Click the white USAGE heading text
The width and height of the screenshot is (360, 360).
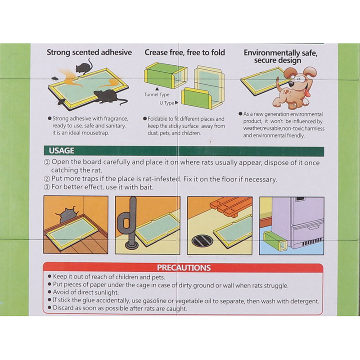(x=61, y=151)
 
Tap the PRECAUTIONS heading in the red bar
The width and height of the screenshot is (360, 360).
(x=184, y=268)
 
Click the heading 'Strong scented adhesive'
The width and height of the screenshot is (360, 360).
(x=89, y=52)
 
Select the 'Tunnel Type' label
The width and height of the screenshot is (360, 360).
(x=157, y=94)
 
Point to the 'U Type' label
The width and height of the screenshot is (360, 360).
(x=167, y=103)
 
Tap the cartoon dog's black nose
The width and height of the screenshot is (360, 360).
(x=292, y=84)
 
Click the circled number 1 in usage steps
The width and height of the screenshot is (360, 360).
(x=47, y=162)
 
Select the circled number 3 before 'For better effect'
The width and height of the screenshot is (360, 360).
(x=47, y=187)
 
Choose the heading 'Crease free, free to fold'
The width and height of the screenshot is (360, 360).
(x=184, y=52)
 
